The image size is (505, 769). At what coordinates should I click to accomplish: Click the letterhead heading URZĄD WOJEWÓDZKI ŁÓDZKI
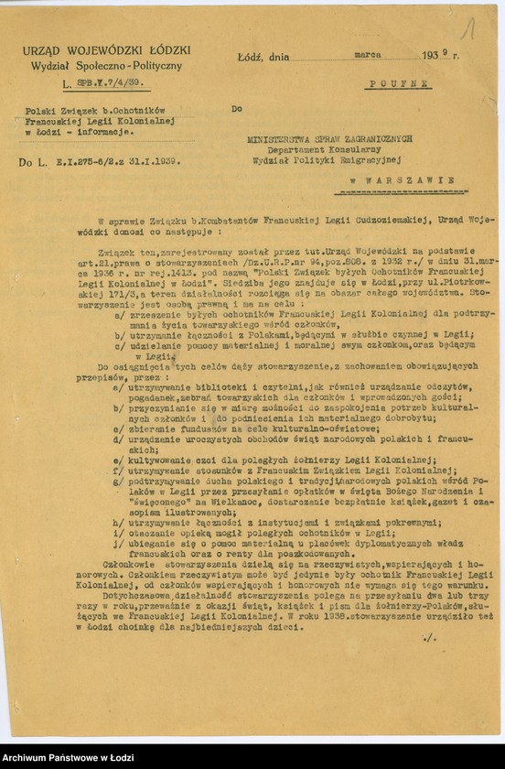coord(106,49)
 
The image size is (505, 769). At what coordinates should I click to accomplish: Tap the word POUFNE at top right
coord(399,83)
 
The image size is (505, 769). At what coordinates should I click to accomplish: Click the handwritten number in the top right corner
coord(468,28)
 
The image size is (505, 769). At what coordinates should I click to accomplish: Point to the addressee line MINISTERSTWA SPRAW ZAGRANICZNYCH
coord(329,138)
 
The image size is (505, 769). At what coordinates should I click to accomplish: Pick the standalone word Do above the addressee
coord(237,108)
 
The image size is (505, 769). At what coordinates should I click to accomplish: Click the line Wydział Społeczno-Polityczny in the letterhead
coord(106,66)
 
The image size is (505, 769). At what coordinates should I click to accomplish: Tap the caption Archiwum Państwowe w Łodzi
coord(68,758)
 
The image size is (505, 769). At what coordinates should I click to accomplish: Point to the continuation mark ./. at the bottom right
coord(430,637)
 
